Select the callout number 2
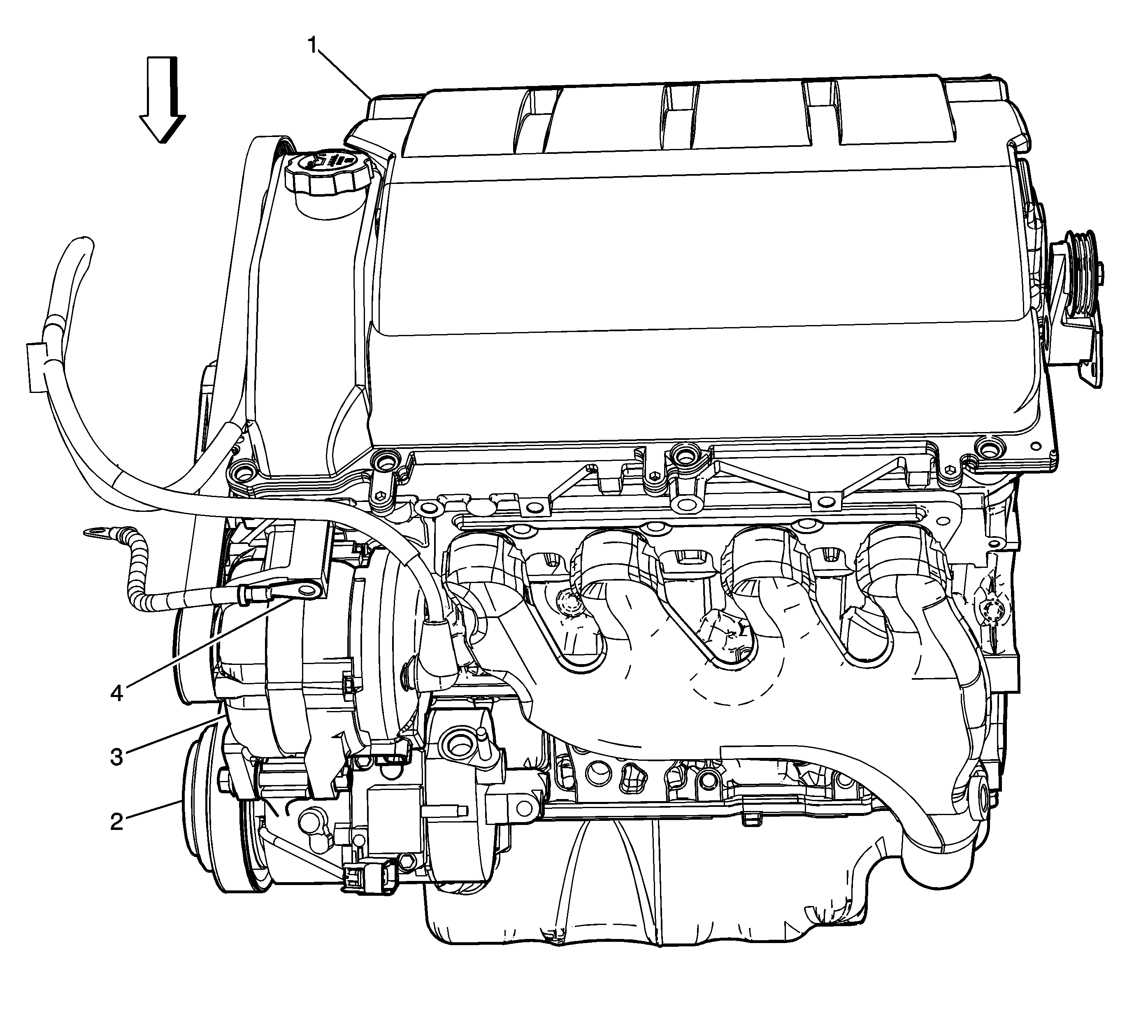(116, 822)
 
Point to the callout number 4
(116, 693)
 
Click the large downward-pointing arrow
(163, 100)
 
